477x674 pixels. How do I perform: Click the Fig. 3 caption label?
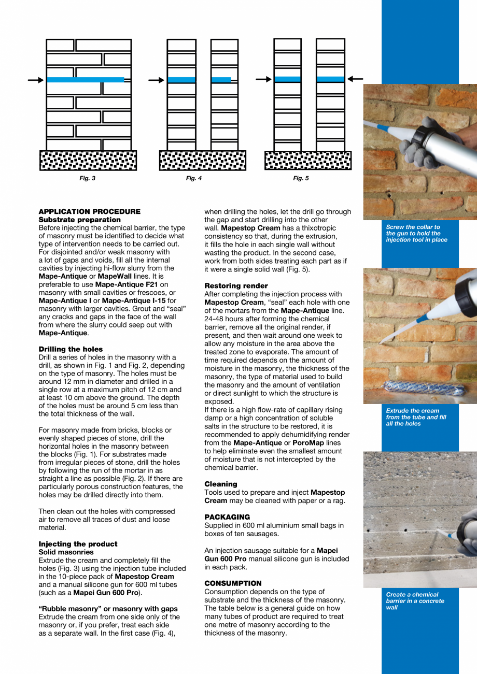[87, 179]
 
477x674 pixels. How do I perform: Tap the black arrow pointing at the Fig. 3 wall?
[36, 80]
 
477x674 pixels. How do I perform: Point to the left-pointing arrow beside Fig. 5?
[355, 79]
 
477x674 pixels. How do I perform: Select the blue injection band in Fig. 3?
[86, 80]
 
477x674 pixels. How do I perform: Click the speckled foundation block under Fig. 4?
[203, 161]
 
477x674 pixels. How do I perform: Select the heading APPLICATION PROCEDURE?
[90, 211]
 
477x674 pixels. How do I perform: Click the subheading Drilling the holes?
[71, 349]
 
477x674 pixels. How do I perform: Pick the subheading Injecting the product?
[78, 544]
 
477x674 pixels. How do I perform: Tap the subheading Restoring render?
[236, 286]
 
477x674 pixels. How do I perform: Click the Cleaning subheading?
[220, 484]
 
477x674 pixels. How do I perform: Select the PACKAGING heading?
[227, 517]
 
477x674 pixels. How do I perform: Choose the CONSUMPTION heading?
[233, 583]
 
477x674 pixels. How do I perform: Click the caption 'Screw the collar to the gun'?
[416, 234]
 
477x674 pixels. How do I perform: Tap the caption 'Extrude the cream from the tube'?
[416, 417]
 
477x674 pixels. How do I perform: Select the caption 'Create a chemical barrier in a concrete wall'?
[415, 601]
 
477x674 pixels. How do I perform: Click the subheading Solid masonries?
[66, 552]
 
